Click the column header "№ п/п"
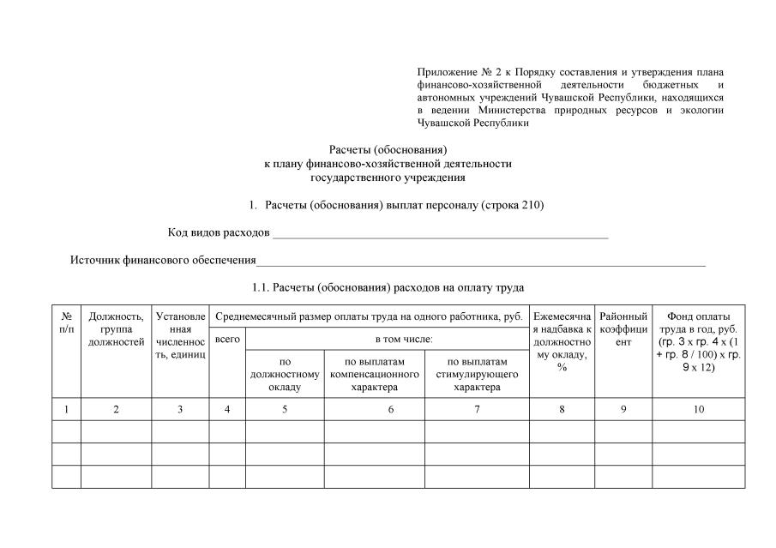(x=66, y=322)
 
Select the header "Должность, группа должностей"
(x=116, y=328)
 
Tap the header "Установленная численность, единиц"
(x=180, y=335)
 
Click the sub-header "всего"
(x=227, y=339)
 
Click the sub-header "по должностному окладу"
(x=285, y=374)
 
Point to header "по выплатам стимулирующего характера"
(x=478, y=374)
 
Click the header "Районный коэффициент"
(x=623, y=328)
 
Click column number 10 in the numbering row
(x=699, y=410)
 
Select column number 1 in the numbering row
(x=66, y=410)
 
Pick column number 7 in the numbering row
(x=478, y=410)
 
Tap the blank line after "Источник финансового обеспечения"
(x=480, y=262)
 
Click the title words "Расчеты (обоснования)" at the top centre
(x=388, y=149)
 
